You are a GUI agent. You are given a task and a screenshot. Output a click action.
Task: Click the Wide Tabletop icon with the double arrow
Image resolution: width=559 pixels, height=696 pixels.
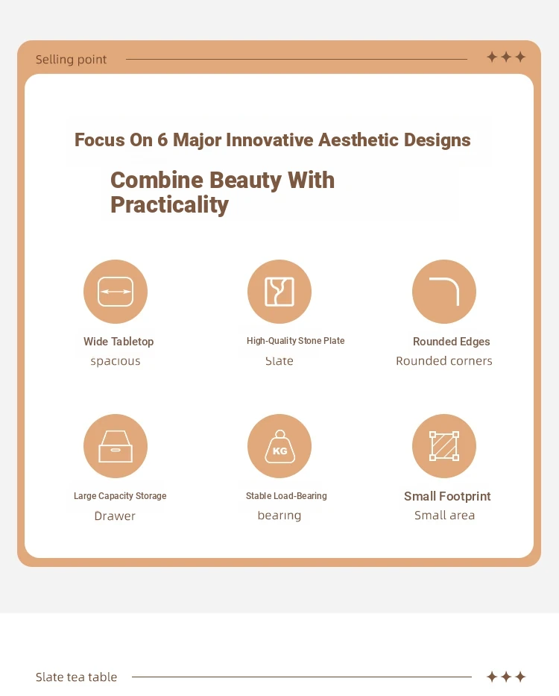(x=116, y=292)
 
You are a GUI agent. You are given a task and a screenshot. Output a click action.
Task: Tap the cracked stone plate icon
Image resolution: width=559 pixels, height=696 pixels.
(x=279, y=292)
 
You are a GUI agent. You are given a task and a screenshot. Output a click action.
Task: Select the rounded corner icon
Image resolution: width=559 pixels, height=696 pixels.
(x=444, y=292)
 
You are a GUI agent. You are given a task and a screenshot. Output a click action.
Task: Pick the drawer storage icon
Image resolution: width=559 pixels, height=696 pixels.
(x=116, y=446)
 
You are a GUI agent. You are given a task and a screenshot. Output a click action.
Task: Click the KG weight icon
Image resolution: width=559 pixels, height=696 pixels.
(x=279, y=446)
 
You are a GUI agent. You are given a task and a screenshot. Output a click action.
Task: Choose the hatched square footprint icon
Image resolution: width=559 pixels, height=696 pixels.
(x=444, y=446)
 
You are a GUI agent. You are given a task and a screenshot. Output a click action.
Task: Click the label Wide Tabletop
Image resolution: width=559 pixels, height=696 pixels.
(x=119, y=342)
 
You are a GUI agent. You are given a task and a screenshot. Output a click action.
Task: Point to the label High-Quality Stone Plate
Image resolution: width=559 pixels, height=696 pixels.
(x=295, y=340)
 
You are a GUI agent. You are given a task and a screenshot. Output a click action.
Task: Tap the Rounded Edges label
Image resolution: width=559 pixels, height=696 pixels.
(x=451, y=342)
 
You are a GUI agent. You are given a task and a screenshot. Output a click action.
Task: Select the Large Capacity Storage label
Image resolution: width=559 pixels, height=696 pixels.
(x=120, y=496)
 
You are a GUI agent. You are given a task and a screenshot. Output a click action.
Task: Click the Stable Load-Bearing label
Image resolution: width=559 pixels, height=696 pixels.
(x=286, y=496)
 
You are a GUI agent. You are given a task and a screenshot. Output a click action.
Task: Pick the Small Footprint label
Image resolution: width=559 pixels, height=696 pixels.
(x=447, y=496)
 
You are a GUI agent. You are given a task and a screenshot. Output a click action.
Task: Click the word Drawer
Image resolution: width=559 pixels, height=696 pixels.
(x=115, y=515)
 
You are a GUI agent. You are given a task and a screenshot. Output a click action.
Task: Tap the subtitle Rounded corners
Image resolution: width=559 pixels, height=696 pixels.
(x=444, y=361)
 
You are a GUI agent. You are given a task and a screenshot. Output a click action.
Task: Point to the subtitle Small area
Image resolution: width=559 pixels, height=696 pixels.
(x=444, y=515)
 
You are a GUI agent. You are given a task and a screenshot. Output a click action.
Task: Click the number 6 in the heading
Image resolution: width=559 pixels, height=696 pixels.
(x=162, y=139)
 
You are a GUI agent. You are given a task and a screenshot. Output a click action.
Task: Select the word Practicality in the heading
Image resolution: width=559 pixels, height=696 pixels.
(x=169, y=205)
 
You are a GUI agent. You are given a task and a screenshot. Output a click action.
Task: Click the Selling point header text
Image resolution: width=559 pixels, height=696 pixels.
(x=71, y=60)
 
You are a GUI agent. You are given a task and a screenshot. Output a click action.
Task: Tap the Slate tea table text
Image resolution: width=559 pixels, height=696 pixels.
(x=76, y=677)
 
